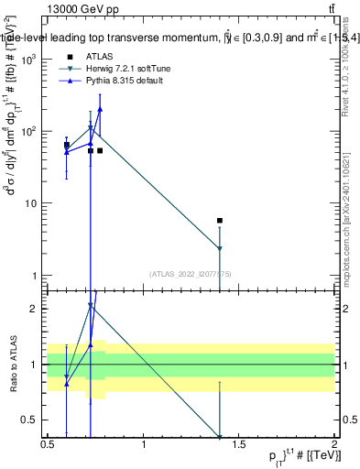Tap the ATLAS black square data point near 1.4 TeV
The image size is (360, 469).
point(220,221)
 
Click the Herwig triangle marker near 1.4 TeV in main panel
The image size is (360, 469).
point(220,248)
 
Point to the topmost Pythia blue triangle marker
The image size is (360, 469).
point(100,109)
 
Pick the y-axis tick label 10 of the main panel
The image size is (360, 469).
point(32,203)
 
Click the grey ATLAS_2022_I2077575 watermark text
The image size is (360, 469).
point(189,273)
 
